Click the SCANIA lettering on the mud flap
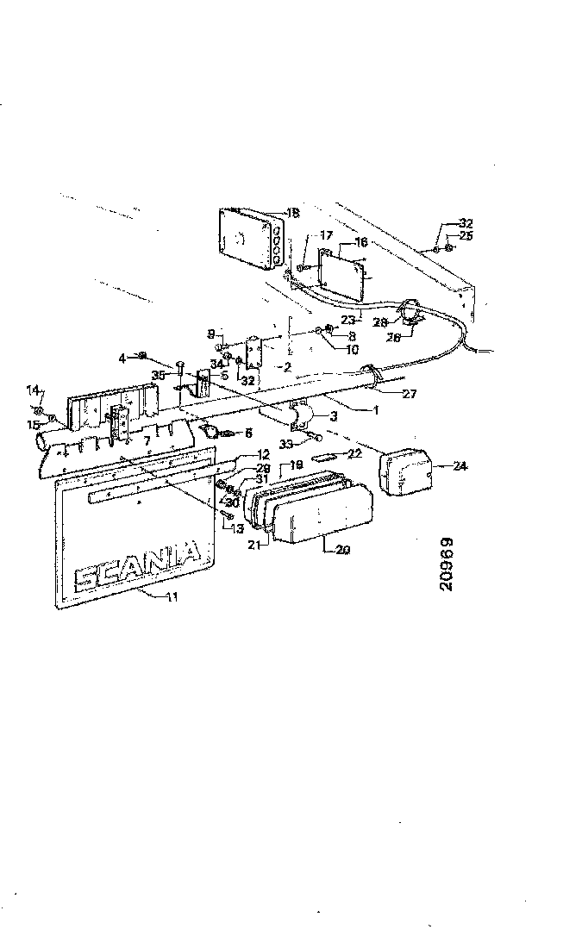(x=138, y=564)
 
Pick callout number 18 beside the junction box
(x=292, y=212)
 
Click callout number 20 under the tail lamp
(x=342, y=548)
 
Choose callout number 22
(x=354, y=453)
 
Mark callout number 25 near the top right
(x=466, y=235)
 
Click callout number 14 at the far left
(x=34, y=390)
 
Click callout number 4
(x=122, y=356)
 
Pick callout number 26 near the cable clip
(x=393, y=338)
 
